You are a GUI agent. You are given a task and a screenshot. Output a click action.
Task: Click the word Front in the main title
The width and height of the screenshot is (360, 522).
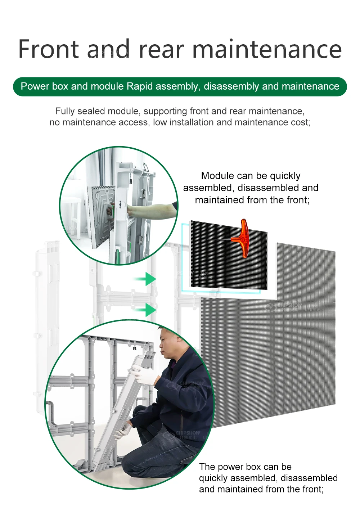pyautogui.click(x=49, y=49)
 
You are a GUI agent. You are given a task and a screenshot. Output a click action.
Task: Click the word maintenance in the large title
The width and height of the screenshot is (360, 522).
pyautogui.click(x=267, y=49)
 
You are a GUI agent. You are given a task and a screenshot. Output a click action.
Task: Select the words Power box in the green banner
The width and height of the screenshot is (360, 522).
pyautogui.click(x=44, y=86)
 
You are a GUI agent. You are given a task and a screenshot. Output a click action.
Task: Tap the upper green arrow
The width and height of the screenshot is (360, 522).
pyautogui.click(x=146, y=279)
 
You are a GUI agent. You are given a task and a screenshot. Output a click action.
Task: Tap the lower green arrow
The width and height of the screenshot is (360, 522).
pyautogui.click(x=146, y=309)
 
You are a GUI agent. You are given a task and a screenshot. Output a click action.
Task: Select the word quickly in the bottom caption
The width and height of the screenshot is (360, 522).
pyautogui.click(x=214, y=478)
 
